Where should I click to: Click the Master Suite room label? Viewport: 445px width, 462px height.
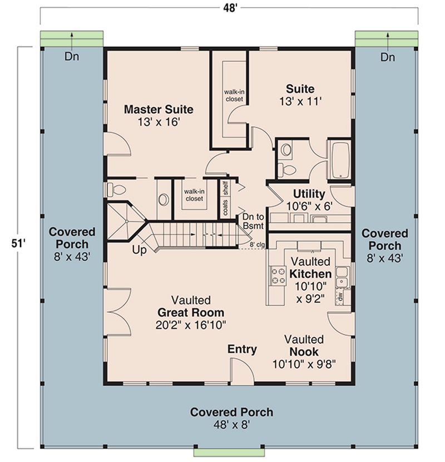(x=159, y=108)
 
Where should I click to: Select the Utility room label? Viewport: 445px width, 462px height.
(x=309, y=194)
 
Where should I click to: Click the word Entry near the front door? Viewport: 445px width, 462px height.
(x=242, y=349)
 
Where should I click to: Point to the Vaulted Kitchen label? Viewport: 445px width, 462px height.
(x=310, y=268)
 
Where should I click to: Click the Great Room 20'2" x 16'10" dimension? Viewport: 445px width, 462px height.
(x=191, y=324)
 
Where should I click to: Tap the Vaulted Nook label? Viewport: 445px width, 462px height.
(x=304, y=346)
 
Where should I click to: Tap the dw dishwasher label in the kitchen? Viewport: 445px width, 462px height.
(x=338, y=296)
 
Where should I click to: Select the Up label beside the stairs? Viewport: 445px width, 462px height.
(x=139, y=250)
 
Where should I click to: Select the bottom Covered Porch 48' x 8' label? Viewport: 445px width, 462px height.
(x=231, y=418)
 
